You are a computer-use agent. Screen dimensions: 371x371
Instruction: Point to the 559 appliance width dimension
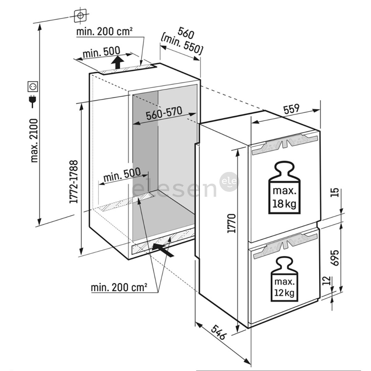pyautogui.click(x=292, y=109)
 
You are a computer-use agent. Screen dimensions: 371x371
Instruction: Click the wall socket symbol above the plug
pyautogui.click(x=33, y=86)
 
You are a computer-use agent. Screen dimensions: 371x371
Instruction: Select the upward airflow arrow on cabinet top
pyautogui.click(x=118, y=63)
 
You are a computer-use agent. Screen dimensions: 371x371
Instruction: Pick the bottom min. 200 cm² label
pyautogui.click(x=119, y=287)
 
